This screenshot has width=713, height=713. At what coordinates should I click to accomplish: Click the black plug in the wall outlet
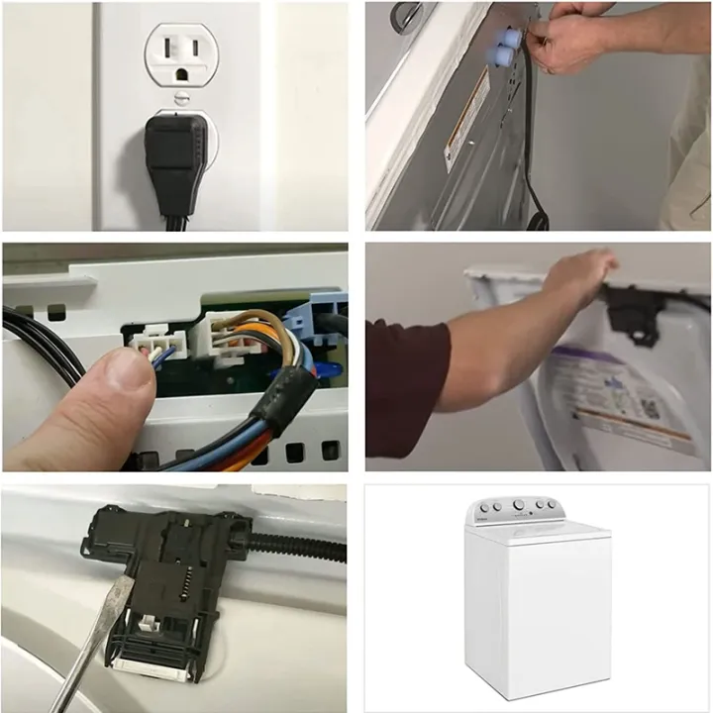[175, 158]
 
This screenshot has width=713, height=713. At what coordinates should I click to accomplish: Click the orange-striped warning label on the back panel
[463, 119]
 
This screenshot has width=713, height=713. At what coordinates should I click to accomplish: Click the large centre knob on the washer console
[518, 505]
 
